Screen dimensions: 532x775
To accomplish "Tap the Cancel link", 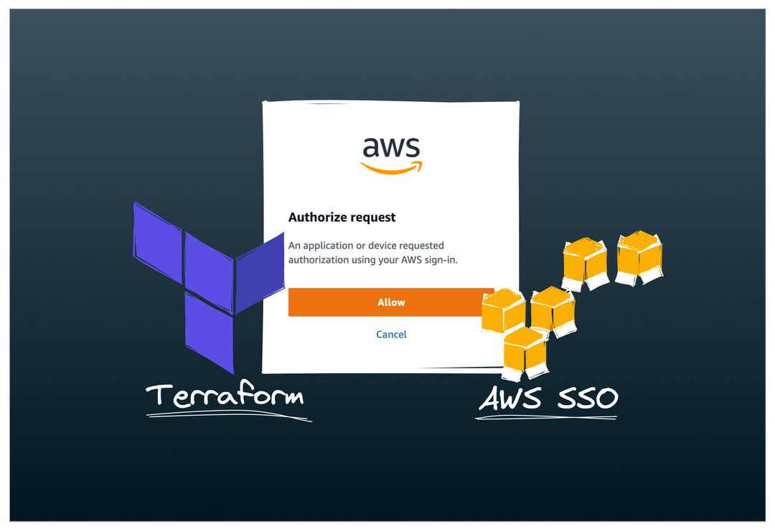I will pyautogui.click(x=391, y=335).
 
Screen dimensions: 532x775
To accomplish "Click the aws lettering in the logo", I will pyautogui.click(x=391, y=147).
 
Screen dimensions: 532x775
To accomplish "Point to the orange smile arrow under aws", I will pyautogui.click(x=391, y=169).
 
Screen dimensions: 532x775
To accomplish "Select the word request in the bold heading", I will pyautogui.click(x=374, y=217).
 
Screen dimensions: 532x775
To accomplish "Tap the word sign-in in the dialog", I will pyautogui.click(x=439, y=260).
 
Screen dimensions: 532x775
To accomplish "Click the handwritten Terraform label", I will pyautogui.click(x=225, y=396).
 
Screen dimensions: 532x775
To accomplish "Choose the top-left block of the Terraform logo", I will pyautogui.click(x=157, y=238).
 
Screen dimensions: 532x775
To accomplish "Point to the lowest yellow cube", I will pyautogui.click(x=525, y=353).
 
